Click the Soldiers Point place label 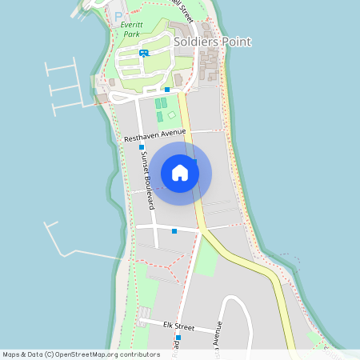click(x=212, y=42)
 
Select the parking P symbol click(x=119, y=17)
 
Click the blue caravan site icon click(x=143, y=54)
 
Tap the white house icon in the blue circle click(x=180, y=173)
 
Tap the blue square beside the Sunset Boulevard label click(x=141, y=147)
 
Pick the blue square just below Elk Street click(x=178, y=338)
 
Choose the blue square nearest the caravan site click(x=166, y=90)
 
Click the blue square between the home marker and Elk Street click(x=174, y=231)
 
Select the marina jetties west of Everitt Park click(x=64, y=84)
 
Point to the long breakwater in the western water click(x=80, y=253)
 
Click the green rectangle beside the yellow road click(x=206, y=258)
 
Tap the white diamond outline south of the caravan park click(x=171, y=115)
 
